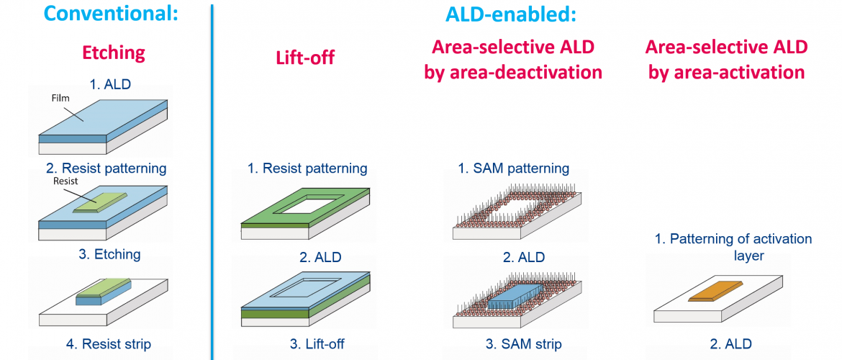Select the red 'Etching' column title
tap(113, 53)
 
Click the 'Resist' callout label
tap(66, 182)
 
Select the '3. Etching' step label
tap(109, 253)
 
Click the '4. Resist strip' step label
tap(104, 343)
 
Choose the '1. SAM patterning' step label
tap(514, 168)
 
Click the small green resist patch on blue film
tap(100, 202)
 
